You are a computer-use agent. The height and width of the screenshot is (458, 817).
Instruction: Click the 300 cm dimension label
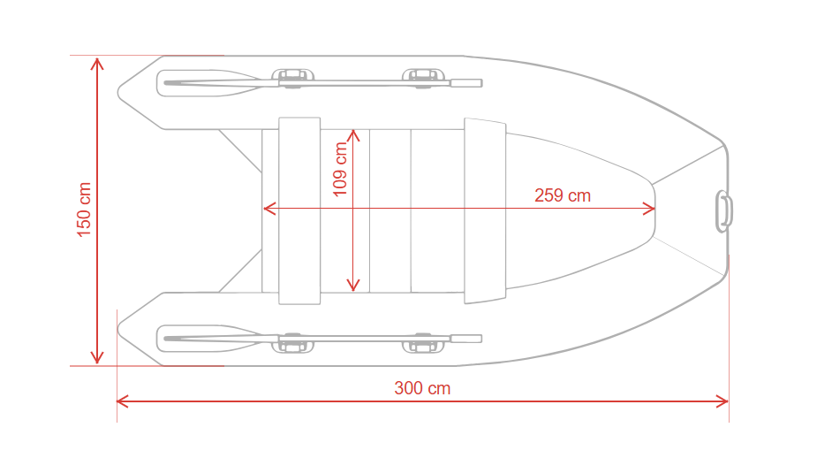pyautogui.click(x=422, y=388)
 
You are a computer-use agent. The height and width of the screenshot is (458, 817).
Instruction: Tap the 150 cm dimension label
pyautogui.click(x=84, y=210)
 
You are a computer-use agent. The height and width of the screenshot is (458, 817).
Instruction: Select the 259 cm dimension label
pyautogui.click(x=563, y=195)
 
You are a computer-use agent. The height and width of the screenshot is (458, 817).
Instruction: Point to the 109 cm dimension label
pyautogui.click(x=340, y=170)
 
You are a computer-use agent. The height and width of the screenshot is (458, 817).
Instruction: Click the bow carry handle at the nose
pyautogui.click(x=724, y=211)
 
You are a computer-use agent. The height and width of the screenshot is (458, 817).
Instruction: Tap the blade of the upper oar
pyautogui.click(x=208, y=83)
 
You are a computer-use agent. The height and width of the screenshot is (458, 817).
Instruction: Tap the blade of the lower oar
pyautogui.click(x=208, y=339)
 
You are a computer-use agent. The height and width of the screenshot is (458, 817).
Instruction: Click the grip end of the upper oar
pyautogui.click(x=466, y=83)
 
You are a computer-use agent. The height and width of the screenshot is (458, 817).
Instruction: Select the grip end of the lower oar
pyautogui.click(x=466, y=339)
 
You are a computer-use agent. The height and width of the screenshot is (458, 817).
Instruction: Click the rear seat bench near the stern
pyautogui.click(x=299, y=210)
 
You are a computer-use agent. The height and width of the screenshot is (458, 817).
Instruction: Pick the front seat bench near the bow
pyautogui.click(x=485, y=210)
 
